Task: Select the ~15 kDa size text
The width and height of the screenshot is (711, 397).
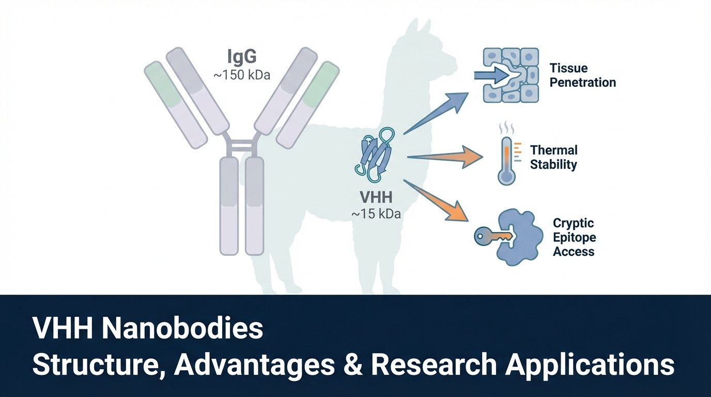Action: [376, 213]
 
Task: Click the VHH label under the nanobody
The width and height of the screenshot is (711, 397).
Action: [376, 198]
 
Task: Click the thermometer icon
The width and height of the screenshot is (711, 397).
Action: [507, 156]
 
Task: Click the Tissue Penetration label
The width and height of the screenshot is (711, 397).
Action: [582, 75]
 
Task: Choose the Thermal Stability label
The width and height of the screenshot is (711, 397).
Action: [553, 158]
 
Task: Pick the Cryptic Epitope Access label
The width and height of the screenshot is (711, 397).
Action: [574, 238]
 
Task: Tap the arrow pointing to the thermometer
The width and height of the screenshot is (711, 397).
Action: [445, 157]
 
